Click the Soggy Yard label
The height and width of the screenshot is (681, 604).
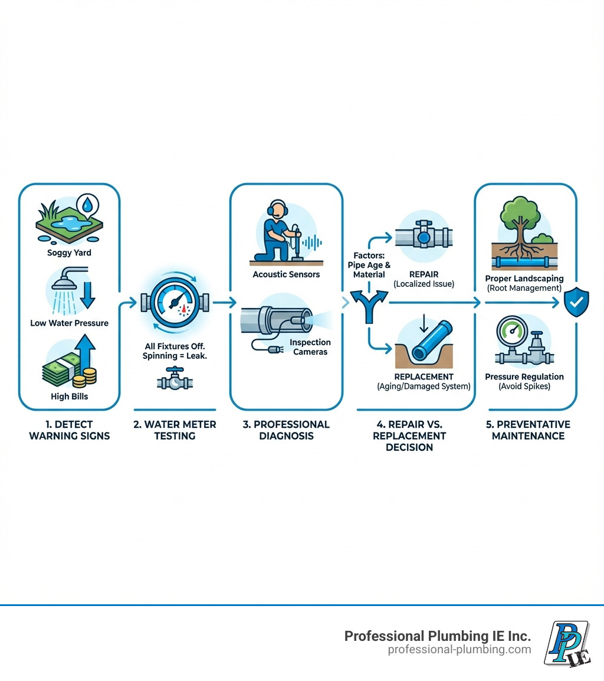click(69, 253)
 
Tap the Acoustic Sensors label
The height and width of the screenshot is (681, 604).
click(286, 274)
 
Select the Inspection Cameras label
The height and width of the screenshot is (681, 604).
click(310, 347)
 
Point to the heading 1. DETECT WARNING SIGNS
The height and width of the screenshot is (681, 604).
click(69, 430)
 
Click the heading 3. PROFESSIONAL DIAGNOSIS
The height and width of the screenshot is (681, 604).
click(286, 430)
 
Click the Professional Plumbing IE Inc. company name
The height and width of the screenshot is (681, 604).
click(437, 636)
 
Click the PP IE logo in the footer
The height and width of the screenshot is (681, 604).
click(567, 643)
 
